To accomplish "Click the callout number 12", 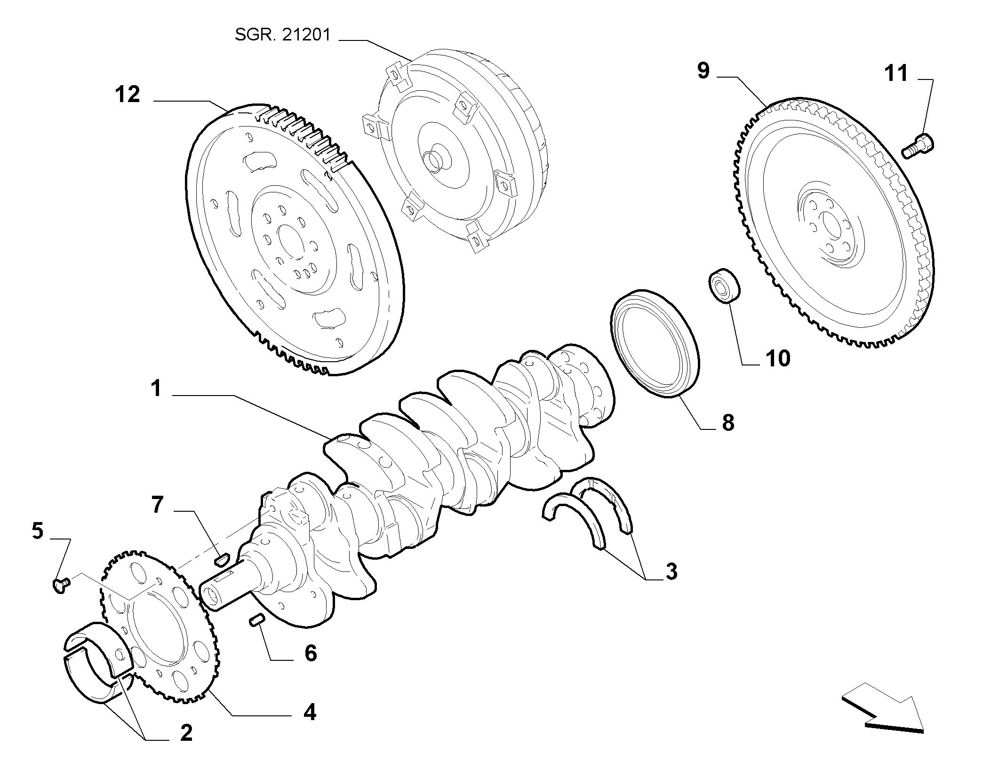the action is coord(128,95).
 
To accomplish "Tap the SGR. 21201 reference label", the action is coord(283,35).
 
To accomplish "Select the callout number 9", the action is coord(703,71).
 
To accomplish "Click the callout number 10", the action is coord(777,359).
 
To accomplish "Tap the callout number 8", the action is coord(728,423).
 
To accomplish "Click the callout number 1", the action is coord(156,389).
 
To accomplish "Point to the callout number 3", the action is coord(671,572).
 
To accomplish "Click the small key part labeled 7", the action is coord(222,559).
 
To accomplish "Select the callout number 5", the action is coord(38,531).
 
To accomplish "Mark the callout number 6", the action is coord(311,653).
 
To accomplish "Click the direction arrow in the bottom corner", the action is coord(882,721).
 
